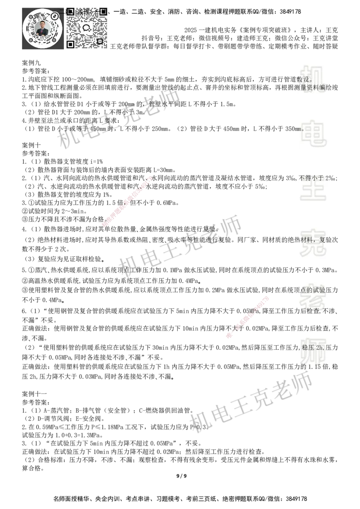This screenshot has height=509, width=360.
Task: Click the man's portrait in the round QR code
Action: tap(42, 28)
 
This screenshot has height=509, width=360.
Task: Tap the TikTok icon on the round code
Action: tap(55, 16)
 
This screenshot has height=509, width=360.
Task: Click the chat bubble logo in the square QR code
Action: tap(87, 27)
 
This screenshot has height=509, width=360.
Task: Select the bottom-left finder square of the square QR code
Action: tap(70, 44)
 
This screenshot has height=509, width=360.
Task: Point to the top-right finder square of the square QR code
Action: tap(103, 11)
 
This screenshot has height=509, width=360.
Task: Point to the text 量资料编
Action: tap(313, 88)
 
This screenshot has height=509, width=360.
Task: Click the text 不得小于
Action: tap(311, 179)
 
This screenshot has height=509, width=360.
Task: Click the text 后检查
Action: tap(307, 311)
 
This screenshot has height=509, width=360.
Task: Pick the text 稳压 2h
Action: tap(311, 348)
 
